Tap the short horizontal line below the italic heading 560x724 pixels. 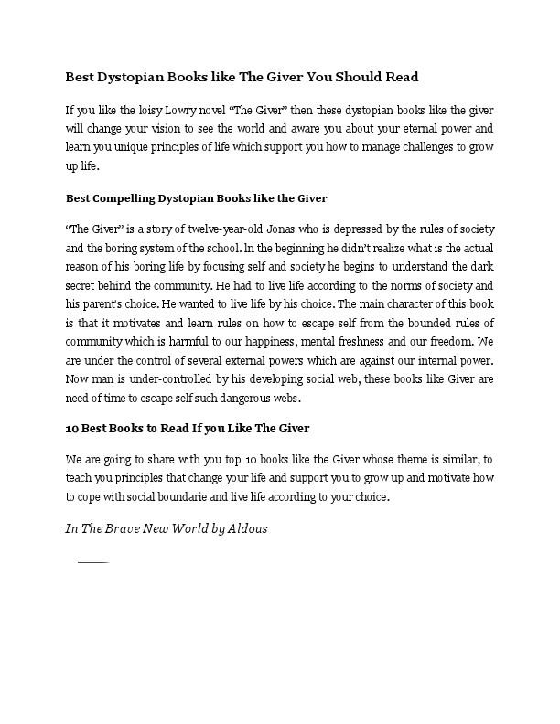tap(93, 561)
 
